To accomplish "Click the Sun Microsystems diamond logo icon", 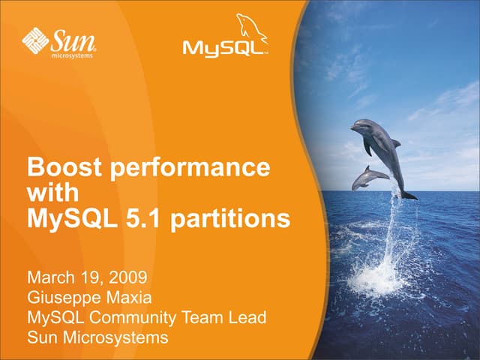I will coord(36,39).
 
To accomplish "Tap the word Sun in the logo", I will coord(72,37).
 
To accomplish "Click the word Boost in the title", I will coord(62,166).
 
